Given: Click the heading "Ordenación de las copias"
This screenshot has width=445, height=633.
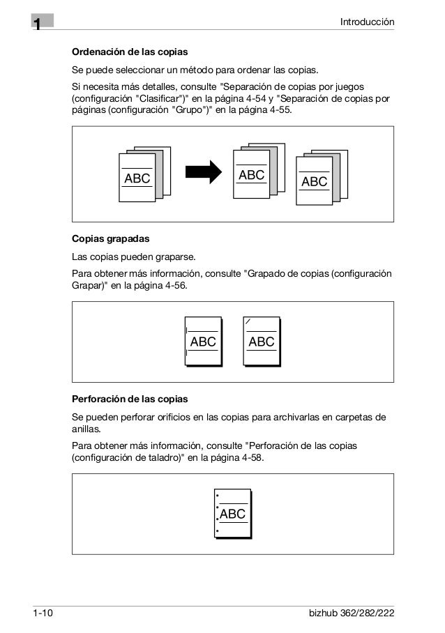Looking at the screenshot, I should coord(130,53).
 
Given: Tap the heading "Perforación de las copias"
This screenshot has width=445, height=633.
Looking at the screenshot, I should coord(130,399).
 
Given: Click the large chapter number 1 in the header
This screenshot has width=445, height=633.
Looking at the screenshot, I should coord(36,24).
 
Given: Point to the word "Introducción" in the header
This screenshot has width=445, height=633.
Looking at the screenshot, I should coord(367,23).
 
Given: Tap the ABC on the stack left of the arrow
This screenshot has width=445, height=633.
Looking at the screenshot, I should coord(137,179).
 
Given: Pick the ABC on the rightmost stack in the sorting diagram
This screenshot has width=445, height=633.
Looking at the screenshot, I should coord(314,182).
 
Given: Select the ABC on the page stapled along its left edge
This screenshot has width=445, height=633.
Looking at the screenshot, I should coord(203,342).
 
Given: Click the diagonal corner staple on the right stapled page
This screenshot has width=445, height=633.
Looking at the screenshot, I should coord(248,321).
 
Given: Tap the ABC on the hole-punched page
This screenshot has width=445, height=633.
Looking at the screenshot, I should coord(232,514).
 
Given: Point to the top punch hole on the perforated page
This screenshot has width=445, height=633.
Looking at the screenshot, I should coord(218,498).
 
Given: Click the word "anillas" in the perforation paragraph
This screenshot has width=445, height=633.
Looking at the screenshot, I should coord(86,429).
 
